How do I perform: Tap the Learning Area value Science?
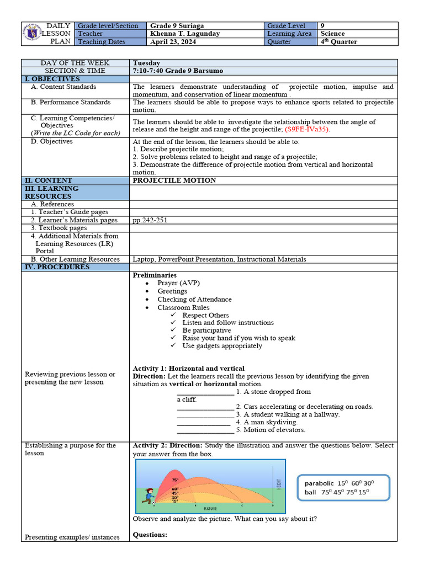332,34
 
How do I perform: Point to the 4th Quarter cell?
338,42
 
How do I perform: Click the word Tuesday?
146,63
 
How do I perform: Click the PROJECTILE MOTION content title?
174,180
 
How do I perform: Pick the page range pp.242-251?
150,220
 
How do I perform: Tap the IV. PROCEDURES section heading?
57,267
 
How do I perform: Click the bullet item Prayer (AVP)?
178,283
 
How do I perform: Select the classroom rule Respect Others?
205,315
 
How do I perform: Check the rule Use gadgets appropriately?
222,346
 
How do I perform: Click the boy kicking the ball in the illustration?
148,495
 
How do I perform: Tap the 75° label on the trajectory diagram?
175,480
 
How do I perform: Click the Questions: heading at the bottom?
150,535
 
